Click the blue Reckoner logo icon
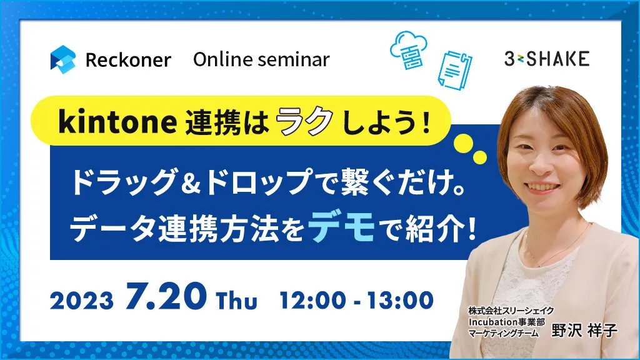point(63,59)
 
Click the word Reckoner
point(128,61)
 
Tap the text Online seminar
point(261,59)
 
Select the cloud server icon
point(409,49)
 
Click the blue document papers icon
point(455,69)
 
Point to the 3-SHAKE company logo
point(546,59)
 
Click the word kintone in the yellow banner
point(117,121)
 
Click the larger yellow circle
point(464,144)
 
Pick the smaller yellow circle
point(479,157)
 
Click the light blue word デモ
point(342,227)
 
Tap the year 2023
point(82,301)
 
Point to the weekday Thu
point(237,301)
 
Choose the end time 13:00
point(401,301)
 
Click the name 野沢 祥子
point(584,330)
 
